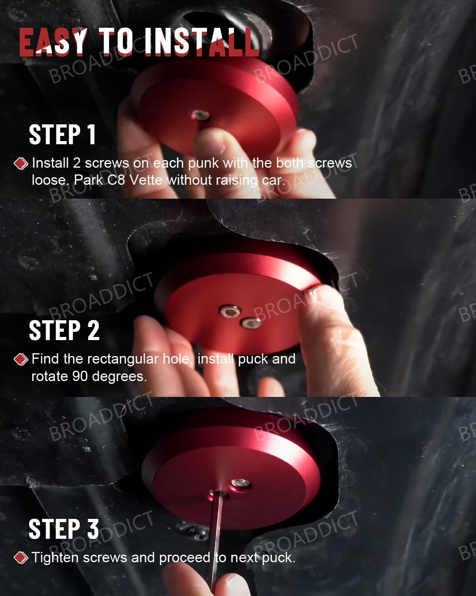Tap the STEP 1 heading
(x=62, y=134)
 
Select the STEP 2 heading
(x=64, y=330)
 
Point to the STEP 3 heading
(x=63, y=529)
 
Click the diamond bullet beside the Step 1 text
(x=21, y=163)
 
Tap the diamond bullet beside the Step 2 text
(x=21, y=359)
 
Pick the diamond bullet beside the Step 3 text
(x=21, y=558)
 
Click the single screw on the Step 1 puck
(x=200, y=116)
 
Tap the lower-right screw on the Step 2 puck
(x=251, y=323)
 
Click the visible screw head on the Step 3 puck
(x=240, y=483)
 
